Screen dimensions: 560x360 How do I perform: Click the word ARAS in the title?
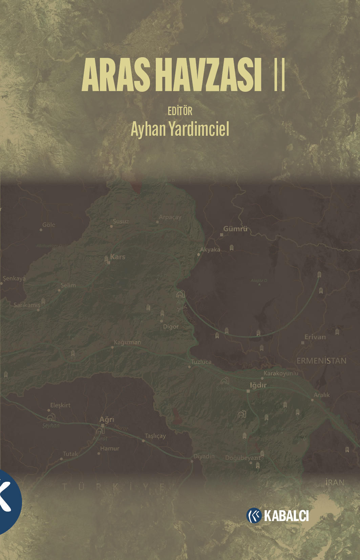point(115,75)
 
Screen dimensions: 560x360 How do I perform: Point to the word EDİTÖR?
point(180,111)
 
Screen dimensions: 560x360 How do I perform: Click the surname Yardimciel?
point(199,129)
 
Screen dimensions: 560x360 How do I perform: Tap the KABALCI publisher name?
point(286,516)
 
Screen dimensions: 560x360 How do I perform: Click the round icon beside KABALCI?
point(254,516)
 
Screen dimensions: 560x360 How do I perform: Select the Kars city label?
point(118,257)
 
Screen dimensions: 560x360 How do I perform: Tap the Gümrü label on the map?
point(235,229)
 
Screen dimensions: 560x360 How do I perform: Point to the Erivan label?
point(315,337)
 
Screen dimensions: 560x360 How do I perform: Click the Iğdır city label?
point(258,385)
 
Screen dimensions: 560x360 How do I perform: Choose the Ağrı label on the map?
point(107,419)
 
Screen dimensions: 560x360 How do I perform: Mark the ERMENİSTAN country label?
point(321,361)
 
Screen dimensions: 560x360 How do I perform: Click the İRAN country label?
point(335,482)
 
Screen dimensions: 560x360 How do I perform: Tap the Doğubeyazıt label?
point(242,458)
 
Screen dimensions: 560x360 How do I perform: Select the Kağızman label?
point(127,342)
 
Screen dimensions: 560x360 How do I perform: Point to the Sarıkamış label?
point(27,305)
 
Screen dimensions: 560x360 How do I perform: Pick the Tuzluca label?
point(201,362)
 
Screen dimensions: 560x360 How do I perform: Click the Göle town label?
point(49,225)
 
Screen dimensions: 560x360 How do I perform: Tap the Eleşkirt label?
point(60,405)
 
